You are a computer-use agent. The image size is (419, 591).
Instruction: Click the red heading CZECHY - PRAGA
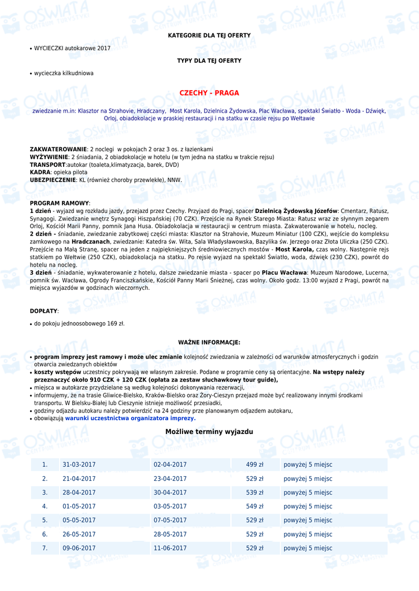pyautogui.click(x=209, y=93)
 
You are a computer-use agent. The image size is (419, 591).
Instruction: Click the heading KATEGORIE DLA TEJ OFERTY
pyautogui.click(x=209, y=36)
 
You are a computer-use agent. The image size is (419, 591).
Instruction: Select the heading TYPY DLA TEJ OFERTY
pyautogui.click(x=209, y=61)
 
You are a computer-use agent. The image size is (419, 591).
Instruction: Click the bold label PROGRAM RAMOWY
pyautogui.click(x=60, y=203)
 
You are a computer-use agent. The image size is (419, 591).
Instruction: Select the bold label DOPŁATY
pyautogui.click(x=43, y=311)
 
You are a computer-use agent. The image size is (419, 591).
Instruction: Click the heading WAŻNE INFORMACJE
pyautogui.click(x=209, y=342)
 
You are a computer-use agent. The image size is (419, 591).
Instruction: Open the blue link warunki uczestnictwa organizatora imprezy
pyautogui.click(x=130, y=418)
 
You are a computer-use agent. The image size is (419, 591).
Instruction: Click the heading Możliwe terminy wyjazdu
pyautogui.click(x=209, y=432)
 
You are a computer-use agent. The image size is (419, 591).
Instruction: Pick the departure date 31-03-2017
pyautogui.click(x=79, y=465)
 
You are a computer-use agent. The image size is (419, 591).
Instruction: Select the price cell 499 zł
pyautogui.click(x=255, y=465)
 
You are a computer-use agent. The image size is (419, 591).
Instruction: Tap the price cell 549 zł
pyautogui.click(x=255, y=506)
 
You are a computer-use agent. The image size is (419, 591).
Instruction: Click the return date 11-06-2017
pyautogui.click(x=170, y=548)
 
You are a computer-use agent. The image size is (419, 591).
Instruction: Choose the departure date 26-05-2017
pyautogui.click(x=79, y=534)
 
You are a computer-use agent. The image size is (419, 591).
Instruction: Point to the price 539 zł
pyautogui.click(x=255, y=492)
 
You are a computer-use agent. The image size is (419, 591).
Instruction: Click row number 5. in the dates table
pyautogui.click(x=45, y=520)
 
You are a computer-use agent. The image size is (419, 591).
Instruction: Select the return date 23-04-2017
pyautogui.click(x=170, y=478)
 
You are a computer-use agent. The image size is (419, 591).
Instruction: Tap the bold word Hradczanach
pyautogui.click(x=91, y=241)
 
